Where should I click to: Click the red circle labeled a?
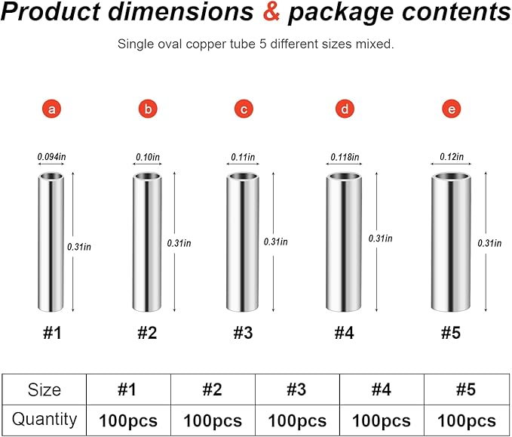click(x=51, y=109)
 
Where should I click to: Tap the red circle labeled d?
click(x=345, y=109)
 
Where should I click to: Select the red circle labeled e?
click(x=452, y=109)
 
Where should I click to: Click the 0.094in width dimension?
click(x=51, y=157)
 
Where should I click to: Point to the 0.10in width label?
click(x=148, y=157)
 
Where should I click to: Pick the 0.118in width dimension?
click(x=345, y=157)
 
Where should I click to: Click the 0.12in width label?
click(x=452, y=157)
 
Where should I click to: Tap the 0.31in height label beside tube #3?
click(x=275, y=242)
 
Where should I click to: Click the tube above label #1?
click(x=51, y=242)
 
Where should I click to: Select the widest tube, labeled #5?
click(x=451, y=242)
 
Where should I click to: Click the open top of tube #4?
click(x=344, y=177)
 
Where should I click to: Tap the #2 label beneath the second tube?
click(x=147, y=333)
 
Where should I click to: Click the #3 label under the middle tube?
click(x=244, y=333)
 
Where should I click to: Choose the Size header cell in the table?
click(x=44, y=389)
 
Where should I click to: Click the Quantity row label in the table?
click(x=44, y=420)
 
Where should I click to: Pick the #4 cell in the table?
click(x=382, y=389)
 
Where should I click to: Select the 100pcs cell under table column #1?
click(x=128, y=420)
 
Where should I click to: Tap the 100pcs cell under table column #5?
click(x=467, y=420)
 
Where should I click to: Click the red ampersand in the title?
click(x=271, y=12)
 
